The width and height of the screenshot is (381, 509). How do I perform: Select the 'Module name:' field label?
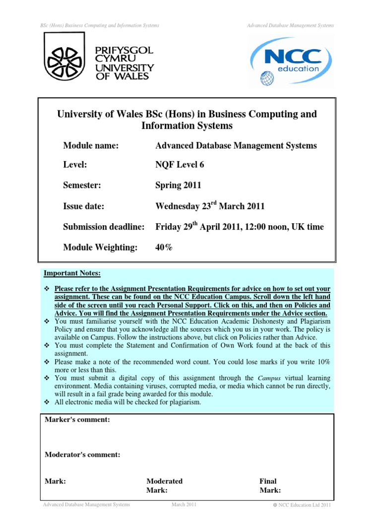pyautogui.click(x=91, y=146)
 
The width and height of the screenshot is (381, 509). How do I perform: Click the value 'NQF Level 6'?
pyautogui.click(x=180, y=166)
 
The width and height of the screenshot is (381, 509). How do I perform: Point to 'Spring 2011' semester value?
pyautogui.click(x=178, y=185)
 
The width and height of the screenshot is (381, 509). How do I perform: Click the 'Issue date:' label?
pyautogui.click(x=83, y=206)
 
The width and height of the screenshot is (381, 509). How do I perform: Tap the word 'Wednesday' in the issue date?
pyautogui.click(x=176, y=206)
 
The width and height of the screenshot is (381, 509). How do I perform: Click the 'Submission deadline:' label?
pyautogui.click(x=104, y=227)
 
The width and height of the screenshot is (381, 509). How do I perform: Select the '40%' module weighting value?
pyautogui.click(x=164, y=248)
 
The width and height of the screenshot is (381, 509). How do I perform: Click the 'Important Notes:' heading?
pyautogui.click(x=72, y=273)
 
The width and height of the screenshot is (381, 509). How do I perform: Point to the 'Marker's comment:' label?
pyautogui.click(x=77, y=420)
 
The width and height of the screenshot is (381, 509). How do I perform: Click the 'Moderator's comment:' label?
pyautogui.click(x=82, y=454)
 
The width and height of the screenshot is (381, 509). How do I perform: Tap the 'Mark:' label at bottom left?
pyautogui.click(x=56, y=481)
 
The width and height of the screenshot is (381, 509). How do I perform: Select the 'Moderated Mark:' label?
pyautogui.click(x=164, y=486)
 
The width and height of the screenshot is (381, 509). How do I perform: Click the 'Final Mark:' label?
pyautogui.click(x=268, y=486)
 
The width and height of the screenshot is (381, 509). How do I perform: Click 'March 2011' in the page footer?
pyautogui.click(x=184, y=505)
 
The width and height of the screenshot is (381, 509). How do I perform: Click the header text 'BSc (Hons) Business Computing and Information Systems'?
pyautogui.click(x=99, y=25)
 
